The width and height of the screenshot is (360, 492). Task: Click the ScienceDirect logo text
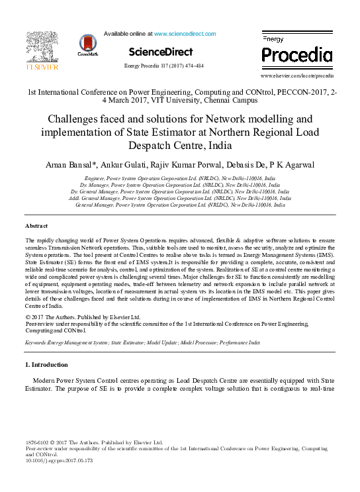tap(161, 52)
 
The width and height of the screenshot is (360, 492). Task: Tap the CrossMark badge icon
tap(87, 45)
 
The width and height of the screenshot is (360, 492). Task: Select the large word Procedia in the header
tap(297, 54)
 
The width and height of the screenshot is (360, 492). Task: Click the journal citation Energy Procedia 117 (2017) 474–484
tap(163, 66)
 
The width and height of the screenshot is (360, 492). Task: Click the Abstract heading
tap(36, 226)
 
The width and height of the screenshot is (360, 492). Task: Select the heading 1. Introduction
tap(46, 365)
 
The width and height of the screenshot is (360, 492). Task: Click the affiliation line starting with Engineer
tap(179, 179)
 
